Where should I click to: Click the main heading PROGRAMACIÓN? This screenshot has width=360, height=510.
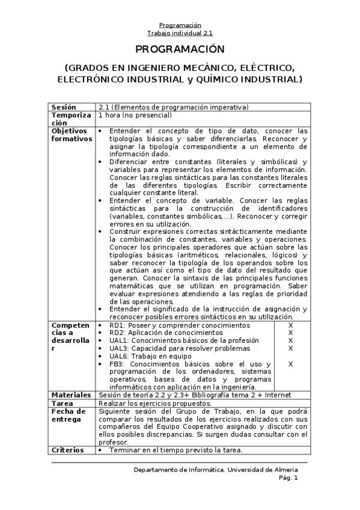(180, 49)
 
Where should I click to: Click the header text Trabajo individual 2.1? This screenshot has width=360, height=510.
(180, 33)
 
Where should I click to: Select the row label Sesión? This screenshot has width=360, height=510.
(64, 107)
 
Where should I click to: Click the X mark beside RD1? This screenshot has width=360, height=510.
(290, 325)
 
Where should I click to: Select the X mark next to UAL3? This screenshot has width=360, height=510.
(290, 348)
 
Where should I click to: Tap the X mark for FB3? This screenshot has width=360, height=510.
(290, 364)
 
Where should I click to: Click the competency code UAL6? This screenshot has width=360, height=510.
(118, 356)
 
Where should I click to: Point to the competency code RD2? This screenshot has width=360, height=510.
(117, 333)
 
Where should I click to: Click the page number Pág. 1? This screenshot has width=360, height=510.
(287, 478)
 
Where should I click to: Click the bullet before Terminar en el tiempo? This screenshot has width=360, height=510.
(100, 450)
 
